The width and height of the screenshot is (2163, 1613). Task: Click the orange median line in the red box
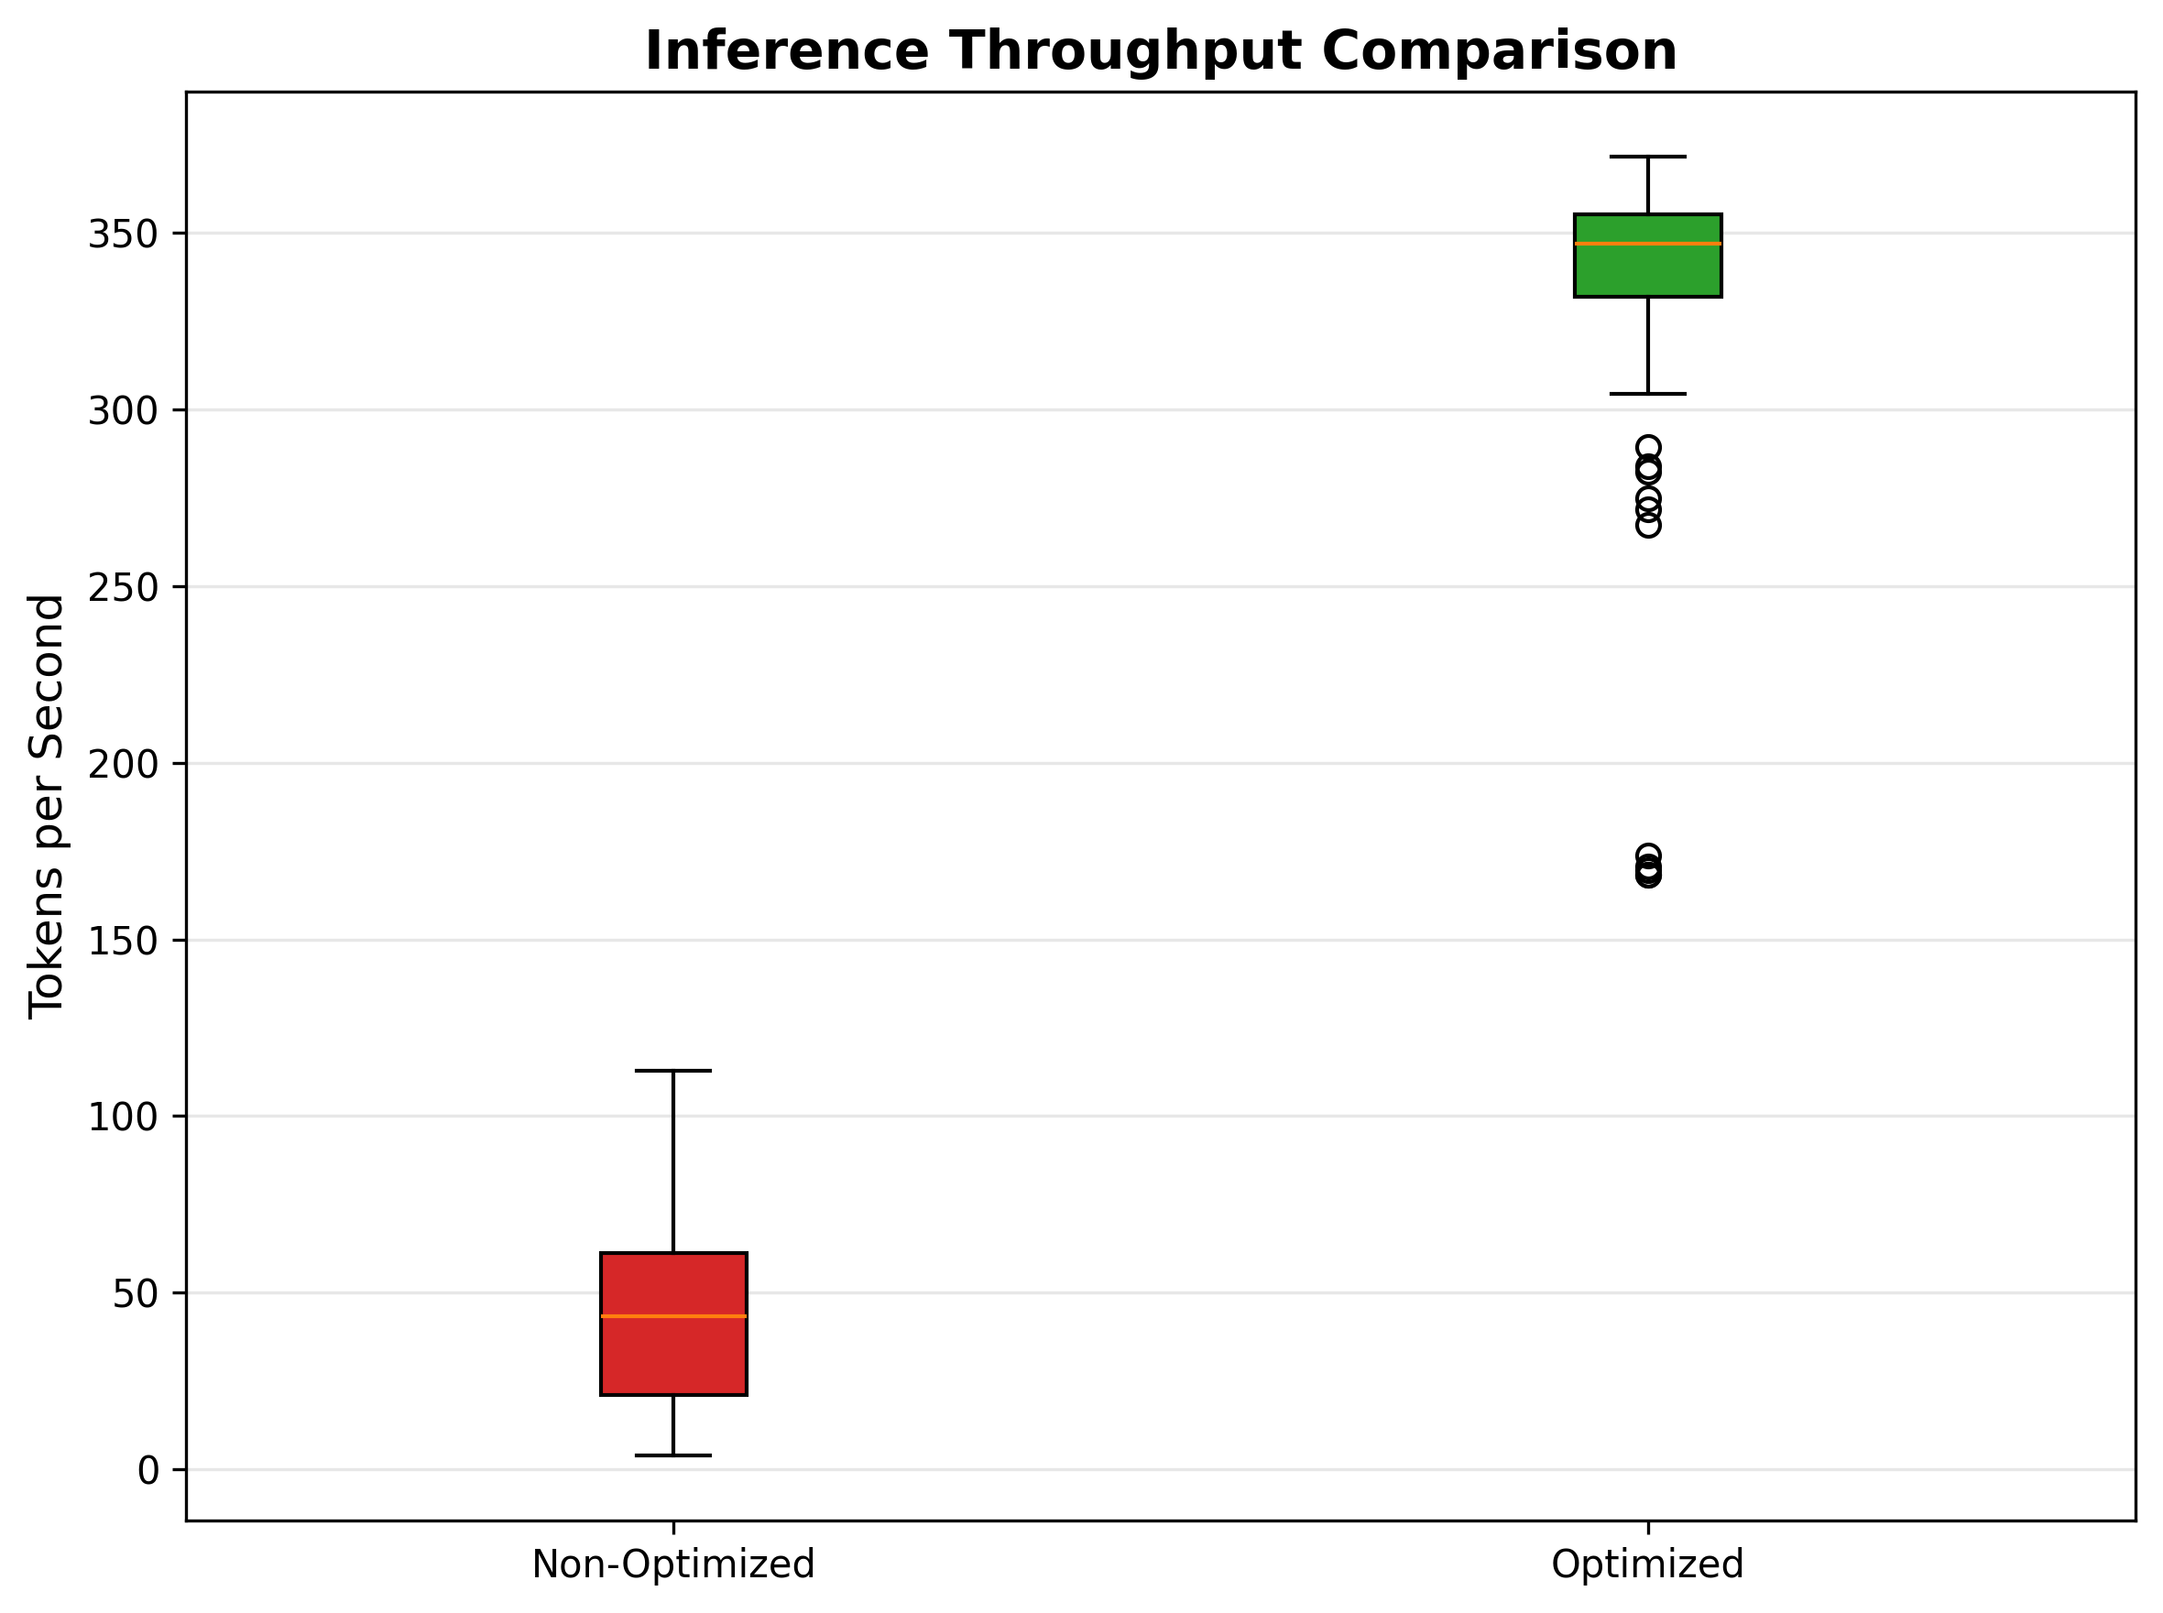click(x=672, y=1316)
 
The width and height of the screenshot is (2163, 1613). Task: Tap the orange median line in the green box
click(x=1647, y=243)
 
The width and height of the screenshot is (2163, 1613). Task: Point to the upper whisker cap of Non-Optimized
click(x=672, y=1071)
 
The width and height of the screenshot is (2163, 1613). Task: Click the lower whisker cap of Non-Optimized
click(x=672, y=1455)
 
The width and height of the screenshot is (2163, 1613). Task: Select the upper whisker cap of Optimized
click(x=1647, y=157)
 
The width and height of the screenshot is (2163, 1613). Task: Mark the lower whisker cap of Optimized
click(x=1647, y=394)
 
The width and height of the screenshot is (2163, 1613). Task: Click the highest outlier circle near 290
click(x=1647, y=447)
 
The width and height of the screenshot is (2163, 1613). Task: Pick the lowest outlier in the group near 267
click(x=1647, y=527)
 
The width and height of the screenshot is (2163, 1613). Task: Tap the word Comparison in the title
click(x=1499, y=50)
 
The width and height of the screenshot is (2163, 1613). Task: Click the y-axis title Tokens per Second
click(x=47, y=806)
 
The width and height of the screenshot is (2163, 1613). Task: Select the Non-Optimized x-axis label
click(x=672, y=1564)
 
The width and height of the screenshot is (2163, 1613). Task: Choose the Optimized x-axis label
click(x=1647, y=1564)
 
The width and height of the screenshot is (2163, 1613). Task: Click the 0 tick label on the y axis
click(x=148, y=1470)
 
